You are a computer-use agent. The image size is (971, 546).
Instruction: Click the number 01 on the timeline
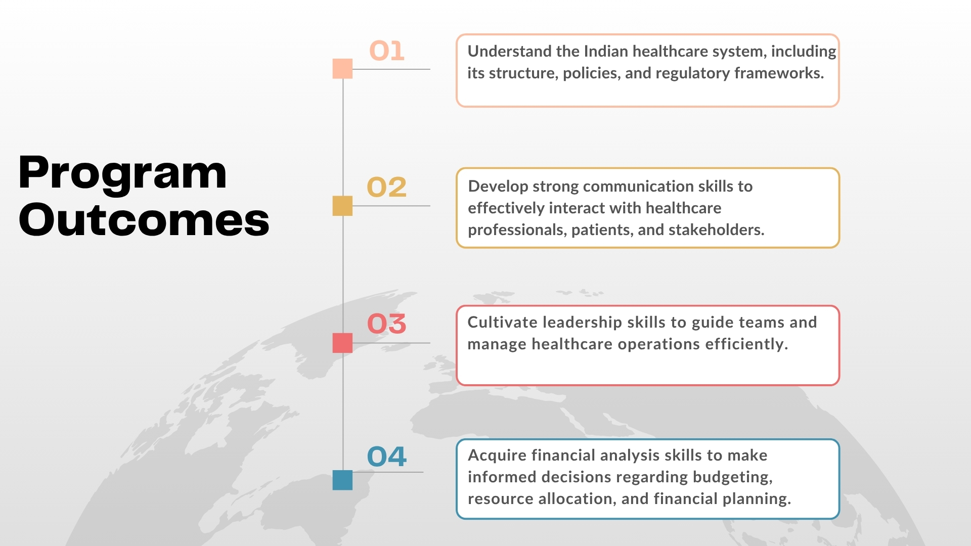(x=387, y=51)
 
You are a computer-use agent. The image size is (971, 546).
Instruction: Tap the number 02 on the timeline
(x=386, y=187)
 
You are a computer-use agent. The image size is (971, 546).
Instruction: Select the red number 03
(x=386, y=324)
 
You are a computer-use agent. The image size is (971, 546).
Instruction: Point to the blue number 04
(x=386, y=457)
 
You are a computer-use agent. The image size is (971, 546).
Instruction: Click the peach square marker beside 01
(x=342, y=69)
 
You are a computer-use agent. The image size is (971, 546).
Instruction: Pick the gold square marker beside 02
(x=342, y=206)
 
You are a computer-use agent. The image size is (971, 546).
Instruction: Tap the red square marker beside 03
(x=342, y=343)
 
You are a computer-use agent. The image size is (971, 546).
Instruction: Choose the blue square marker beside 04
(x=342, y=480)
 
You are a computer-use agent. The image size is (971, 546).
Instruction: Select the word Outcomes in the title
(x=144, y=220)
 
